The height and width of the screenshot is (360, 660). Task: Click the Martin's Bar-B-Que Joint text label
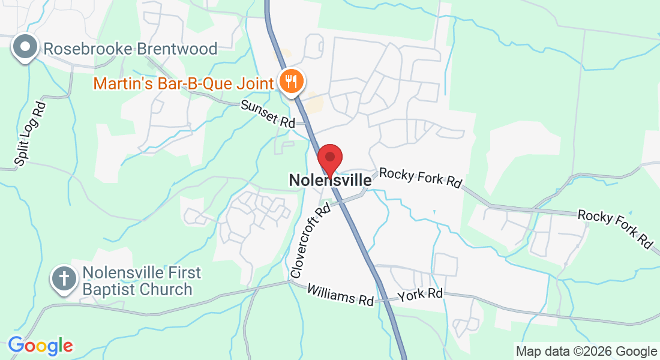pyautogui.click(x=183, y=83)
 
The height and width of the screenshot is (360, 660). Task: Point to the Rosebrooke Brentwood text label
pyautogui.click(x=130, y=49)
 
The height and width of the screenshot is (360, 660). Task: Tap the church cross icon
pyautogui.click(x=64, y=279)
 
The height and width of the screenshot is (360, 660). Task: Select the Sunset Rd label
pyautogui.click(x=268, y=113)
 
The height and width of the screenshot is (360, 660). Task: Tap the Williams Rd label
pyautogui.click(x=340, y=294)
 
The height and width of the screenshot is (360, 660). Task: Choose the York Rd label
pyautogui.click(x=420, y=295)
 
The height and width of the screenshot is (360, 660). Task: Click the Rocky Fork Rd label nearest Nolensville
pyautogui.click(x=420, y=178)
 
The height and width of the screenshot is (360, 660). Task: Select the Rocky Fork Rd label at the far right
pyautogui.click(x=616, y=228)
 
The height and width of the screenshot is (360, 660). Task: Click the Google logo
pyautogui.click(x=40, y=346)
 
